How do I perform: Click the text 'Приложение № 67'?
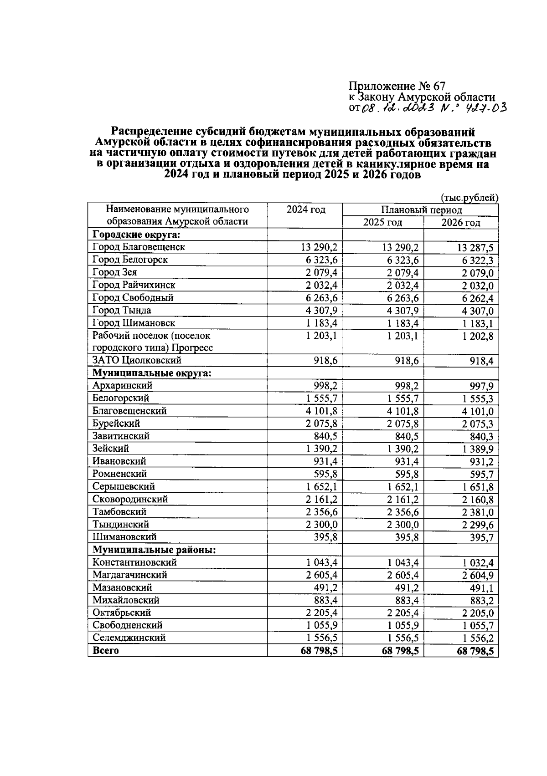coord(397,86)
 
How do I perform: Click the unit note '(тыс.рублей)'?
coord(470,198)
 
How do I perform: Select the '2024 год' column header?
coord(306,209)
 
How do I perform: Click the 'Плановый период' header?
coord(422,210)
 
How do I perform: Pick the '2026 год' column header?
coord(461,223)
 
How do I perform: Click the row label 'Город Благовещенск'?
coord(139,247)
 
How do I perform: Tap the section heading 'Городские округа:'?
coord(136,235)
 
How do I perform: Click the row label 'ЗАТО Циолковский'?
coord(137,360)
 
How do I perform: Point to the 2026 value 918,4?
coord(481,362)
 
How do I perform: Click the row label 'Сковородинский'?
coord(130,499)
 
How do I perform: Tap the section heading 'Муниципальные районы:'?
coord(154,550)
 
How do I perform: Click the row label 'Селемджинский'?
coord(129,638)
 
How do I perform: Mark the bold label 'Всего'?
coord(105,650)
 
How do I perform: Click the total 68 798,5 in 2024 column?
coord(319,651)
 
